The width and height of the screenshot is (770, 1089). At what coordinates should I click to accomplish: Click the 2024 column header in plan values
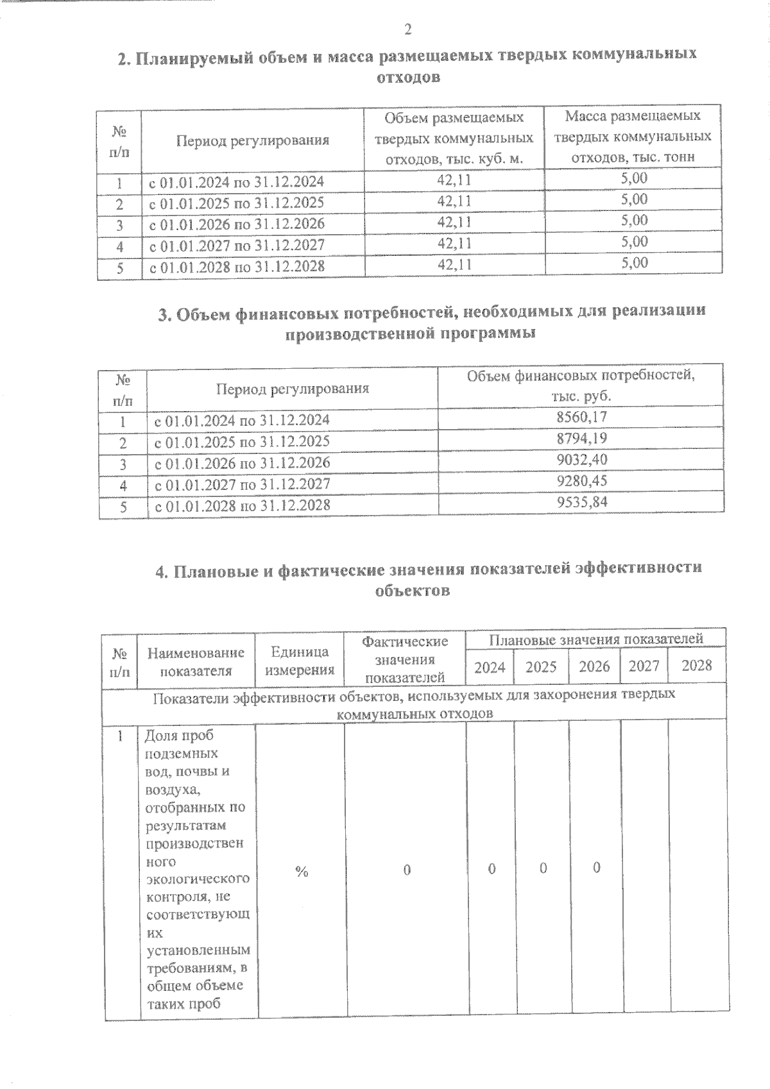coord(490,667)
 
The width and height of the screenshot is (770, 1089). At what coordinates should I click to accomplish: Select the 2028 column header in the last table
coord(696,665)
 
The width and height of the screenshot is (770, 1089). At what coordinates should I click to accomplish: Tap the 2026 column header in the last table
coord(594,666)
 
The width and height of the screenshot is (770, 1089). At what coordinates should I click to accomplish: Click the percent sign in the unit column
coord(302,871)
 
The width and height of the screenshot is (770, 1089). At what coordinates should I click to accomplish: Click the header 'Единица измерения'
coord(300,661)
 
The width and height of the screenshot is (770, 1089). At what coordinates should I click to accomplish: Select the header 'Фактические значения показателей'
coord(405,659)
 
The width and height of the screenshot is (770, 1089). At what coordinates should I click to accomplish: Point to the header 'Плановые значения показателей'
coord(596,639)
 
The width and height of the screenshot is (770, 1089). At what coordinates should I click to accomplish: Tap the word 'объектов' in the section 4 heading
coord(412,591)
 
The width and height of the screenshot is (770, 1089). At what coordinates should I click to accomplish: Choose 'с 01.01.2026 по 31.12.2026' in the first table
coord(237,224)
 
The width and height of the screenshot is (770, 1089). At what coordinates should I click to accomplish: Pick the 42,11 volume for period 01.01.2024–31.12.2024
coord(454,180)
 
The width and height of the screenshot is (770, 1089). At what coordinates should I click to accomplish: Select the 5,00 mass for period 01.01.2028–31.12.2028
coord(634,262)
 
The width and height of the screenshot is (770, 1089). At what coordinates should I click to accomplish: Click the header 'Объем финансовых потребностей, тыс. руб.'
coord(581,385)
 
